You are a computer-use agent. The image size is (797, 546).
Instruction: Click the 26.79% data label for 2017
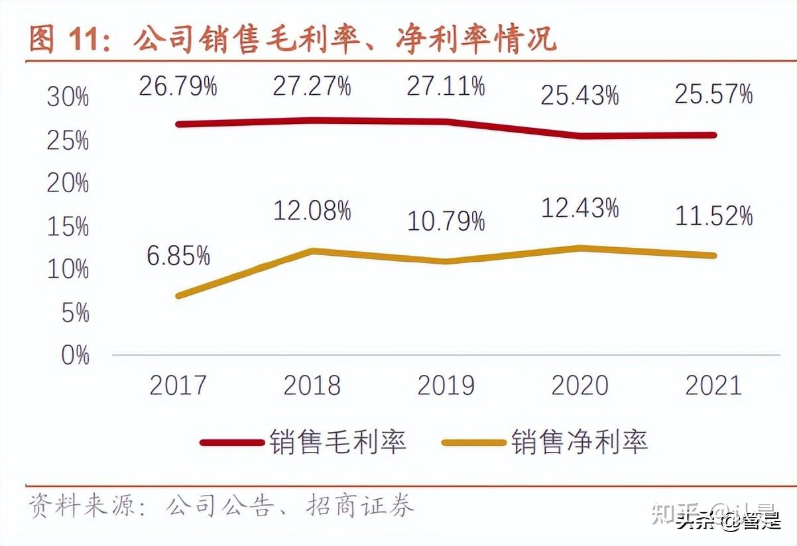pos(178,87)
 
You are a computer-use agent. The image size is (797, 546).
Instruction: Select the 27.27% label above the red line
pos(312,87)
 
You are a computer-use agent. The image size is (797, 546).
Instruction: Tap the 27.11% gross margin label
pos(446,87)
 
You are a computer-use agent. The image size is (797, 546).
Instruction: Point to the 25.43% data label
pos(580,96)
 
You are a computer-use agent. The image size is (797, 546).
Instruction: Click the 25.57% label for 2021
pos(713,95)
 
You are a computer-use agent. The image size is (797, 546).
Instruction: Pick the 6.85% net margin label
pos(178,256)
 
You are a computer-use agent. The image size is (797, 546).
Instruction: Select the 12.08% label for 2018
pos(312,211)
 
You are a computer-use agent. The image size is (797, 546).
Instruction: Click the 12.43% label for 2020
pos(580,209)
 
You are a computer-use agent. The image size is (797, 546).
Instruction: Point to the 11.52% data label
pos(713,217)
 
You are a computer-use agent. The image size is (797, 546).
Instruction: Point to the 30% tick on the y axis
pos(68,98)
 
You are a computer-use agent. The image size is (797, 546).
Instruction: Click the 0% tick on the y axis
pos(75,356)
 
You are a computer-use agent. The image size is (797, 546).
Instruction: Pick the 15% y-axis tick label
pos(68,227)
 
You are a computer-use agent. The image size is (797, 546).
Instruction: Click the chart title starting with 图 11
pos(292,40)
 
